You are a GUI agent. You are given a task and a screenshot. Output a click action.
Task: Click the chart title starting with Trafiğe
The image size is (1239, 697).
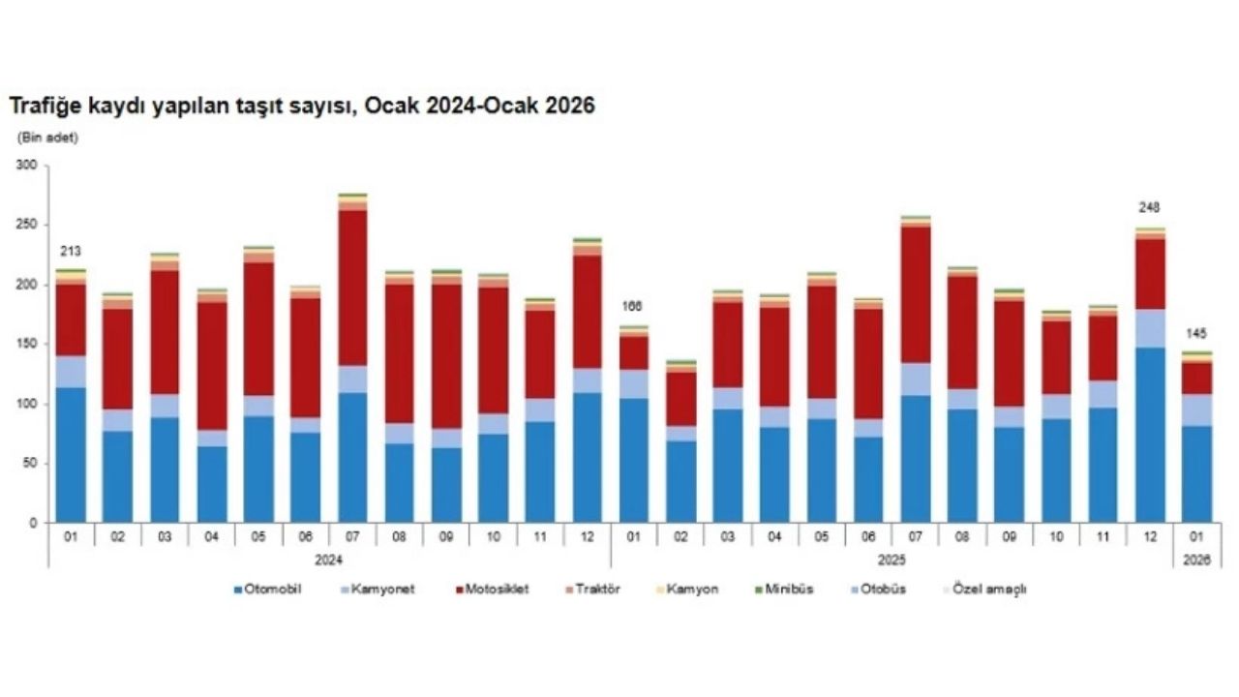tap(301, 105)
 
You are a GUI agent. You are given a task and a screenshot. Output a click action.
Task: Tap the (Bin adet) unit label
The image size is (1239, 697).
tap(47, 137)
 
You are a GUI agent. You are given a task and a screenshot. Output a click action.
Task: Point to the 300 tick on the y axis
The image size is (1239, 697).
tap(26, 167)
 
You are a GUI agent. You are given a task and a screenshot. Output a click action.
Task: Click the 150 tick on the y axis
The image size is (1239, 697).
tap(26, 345)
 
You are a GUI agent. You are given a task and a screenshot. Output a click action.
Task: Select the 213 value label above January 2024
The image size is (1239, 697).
tap(70, 252)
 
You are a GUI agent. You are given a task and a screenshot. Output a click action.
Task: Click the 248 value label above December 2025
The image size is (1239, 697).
tap(1149, 208)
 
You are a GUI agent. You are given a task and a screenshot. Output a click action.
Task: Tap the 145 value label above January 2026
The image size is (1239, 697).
tap(1196, 334)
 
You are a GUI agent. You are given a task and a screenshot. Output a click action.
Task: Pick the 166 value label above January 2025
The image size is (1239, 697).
tap(634, 307)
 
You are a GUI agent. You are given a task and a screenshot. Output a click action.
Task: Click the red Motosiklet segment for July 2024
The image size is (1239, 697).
tap(352, 288)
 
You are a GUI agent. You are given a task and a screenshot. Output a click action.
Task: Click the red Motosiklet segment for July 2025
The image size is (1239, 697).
tap(916, 294)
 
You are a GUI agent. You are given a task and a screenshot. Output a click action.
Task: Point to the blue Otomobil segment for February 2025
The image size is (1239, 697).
tap(681, 482)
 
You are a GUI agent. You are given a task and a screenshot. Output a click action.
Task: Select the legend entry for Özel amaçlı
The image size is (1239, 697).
tap(984, 589)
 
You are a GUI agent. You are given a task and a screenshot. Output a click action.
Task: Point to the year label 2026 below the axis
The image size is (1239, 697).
tap(1196, 559)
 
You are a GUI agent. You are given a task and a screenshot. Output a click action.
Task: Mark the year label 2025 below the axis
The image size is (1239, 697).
tap(892, 559)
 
